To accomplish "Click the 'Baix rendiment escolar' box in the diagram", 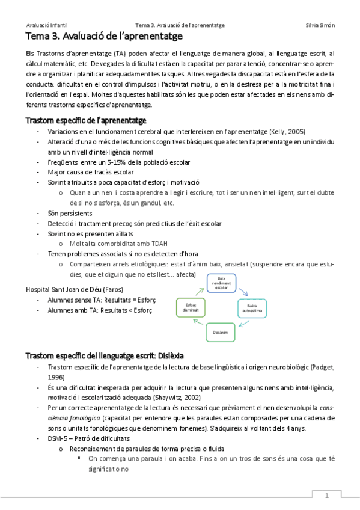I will [221, 283].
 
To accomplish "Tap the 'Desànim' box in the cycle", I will [221, 331].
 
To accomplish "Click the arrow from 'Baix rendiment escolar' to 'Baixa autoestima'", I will [243, 290].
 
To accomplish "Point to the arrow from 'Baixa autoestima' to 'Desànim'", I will [243, 325].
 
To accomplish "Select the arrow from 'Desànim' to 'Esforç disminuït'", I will [198, 325].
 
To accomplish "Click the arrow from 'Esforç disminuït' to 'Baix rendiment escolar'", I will [198, 290].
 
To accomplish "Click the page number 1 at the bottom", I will [326, 496].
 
